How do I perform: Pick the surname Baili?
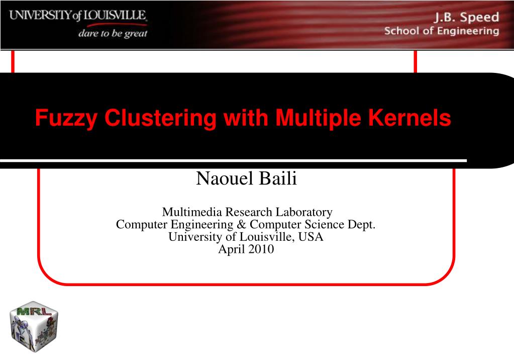point(278,178)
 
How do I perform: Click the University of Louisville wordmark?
point(78,16)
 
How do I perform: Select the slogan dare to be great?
point(113,34)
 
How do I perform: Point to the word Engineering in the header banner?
point(470,31)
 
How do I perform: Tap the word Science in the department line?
point(310,225)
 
